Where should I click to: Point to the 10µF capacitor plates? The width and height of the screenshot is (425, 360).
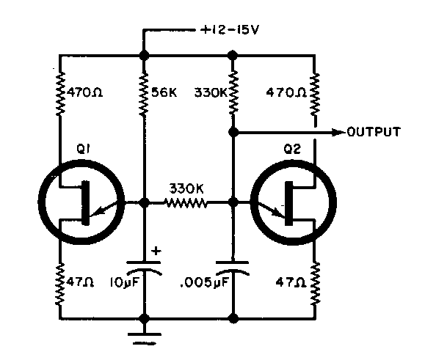point(144,268)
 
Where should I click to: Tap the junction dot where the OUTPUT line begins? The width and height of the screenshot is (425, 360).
point(233,133)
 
